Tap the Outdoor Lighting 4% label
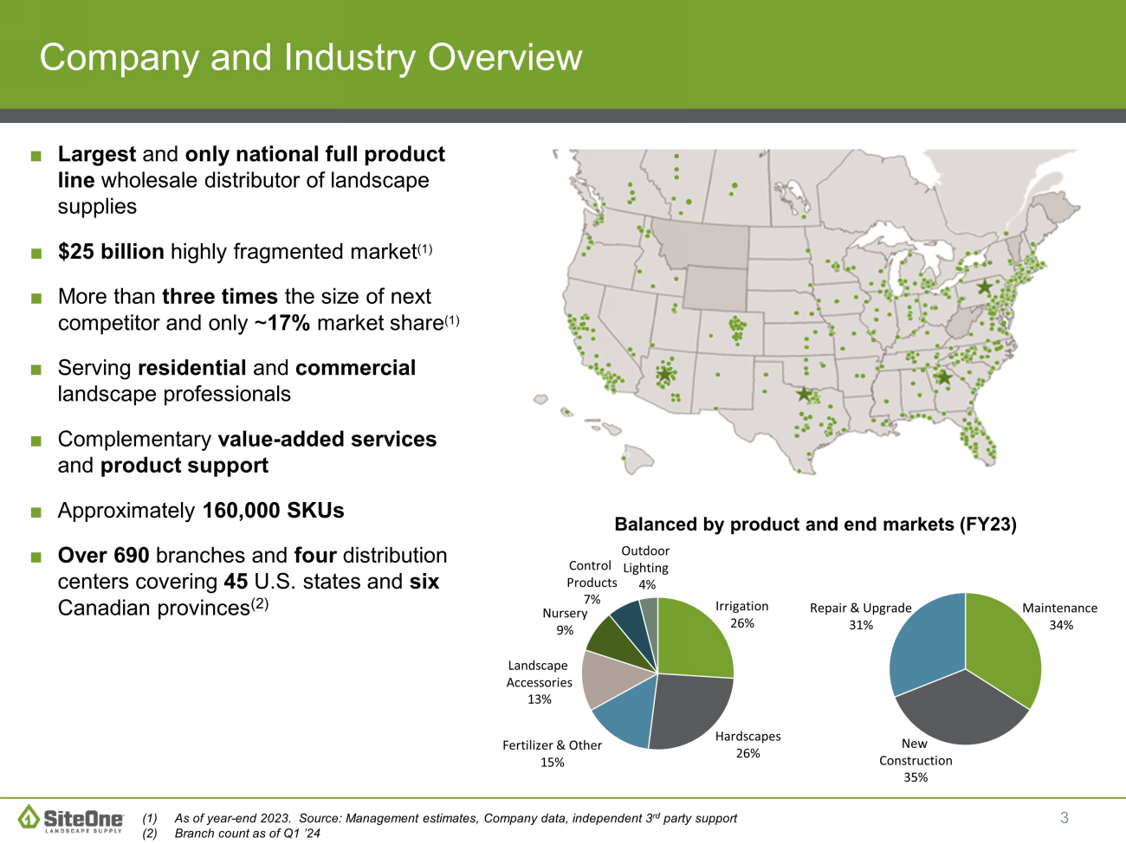click(x=645, y=567)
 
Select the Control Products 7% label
click(x=592, y=582)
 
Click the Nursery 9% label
click(x=565, y=621)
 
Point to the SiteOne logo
click(x=71, y=818)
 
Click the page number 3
click(x=1065, y=818)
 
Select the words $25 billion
click(x=111, y=252)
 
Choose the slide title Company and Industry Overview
click(x=311, y=57)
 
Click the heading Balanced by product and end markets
click(x=815, y=524)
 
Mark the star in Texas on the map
click(x=805, y=395)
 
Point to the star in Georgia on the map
click(x=943, y=378)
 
